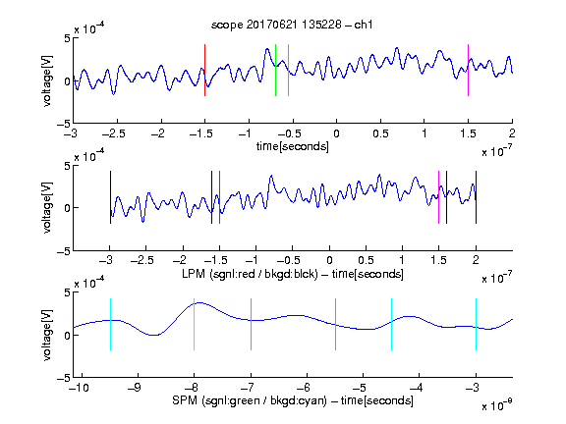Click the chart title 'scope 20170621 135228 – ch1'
tap(292, 25)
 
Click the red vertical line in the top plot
tap(204, 70)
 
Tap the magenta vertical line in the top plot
tap(468, 70)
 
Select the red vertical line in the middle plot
tap(219, 197)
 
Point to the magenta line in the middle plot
tap(438, 197)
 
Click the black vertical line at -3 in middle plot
tap(110, 197)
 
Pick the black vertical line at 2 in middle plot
tap(476, 197)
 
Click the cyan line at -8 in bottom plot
tap(194, 324)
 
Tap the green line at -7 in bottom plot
tap(251, 324)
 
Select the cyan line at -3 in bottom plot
tap(476, 324)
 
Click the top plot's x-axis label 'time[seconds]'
tap(293, 146)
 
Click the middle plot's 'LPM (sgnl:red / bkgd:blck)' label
tap(250, 274)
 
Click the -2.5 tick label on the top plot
tap(114, 133)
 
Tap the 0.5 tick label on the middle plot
tap(366, 260)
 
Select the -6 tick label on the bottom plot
tap(307, 388)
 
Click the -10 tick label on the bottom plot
tap(79, 388)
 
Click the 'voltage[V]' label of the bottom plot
tap(47, 335)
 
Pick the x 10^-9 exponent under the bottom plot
tap(497, 404)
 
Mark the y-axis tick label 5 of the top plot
tap(67, 38)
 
